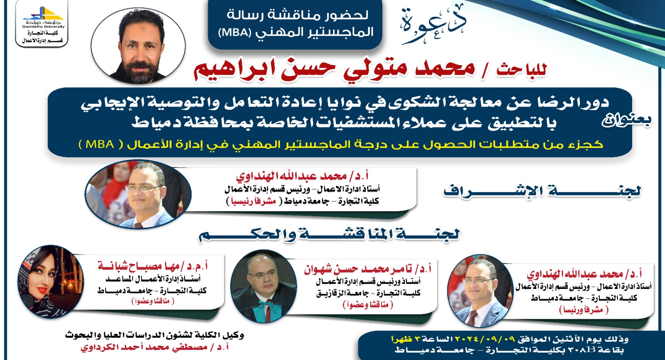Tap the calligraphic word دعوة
click(x=433, y=25)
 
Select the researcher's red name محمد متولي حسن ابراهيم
click(x=334, y=71)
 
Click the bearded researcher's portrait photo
click(x=138, y=46)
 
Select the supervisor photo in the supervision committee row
click(x=138, y=195)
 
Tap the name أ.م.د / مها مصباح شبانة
click(x=153, y=266)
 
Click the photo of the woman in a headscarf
click(x=50, y=281)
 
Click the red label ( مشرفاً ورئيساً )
click(x=584, y=310)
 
